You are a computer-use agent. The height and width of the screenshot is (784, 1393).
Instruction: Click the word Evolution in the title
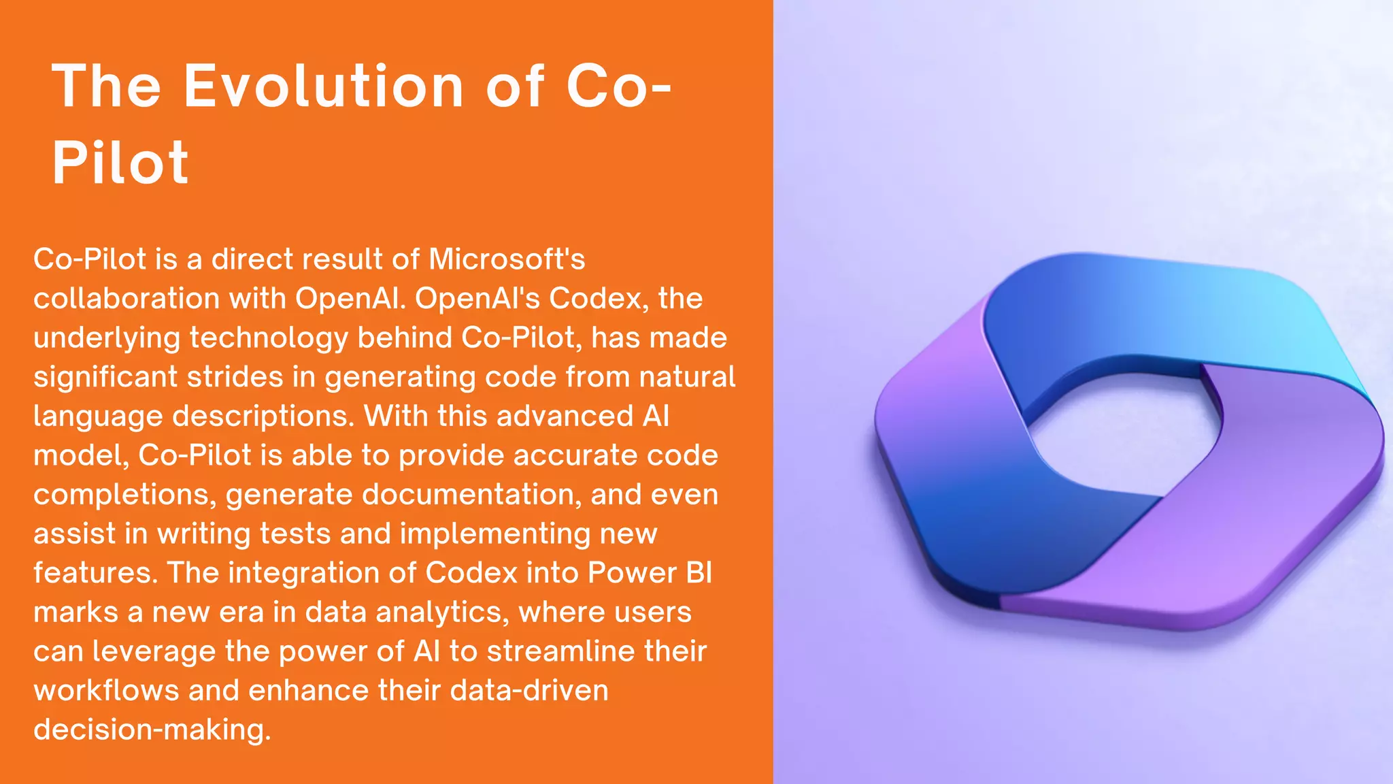click(324, 86)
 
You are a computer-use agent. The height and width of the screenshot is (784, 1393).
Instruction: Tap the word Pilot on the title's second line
click(120, 163)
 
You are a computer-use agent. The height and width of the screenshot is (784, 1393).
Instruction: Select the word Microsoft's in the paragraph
click(507, 259)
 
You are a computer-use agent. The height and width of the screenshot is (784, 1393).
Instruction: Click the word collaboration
click(127, 298)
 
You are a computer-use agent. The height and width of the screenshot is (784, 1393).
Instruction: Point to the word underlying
click(106, 338)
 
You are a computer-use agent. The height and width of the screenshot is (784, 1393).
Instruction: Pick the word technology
click(269, 338)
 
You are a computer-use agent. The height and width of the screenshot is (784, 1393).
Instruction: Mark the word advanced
click(565, 416)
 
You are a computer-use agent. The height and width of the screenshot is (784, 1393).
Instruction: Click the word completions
click(124, 495)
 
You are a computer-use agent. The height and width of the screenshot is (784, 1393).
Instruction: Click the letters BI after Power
click(699, 573)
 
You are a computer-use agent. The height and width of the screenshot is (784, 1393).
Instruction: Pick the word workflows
click(106, 691)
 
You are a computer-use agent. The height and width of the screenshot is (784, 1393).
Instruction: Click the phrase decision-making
click(152, 730)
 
